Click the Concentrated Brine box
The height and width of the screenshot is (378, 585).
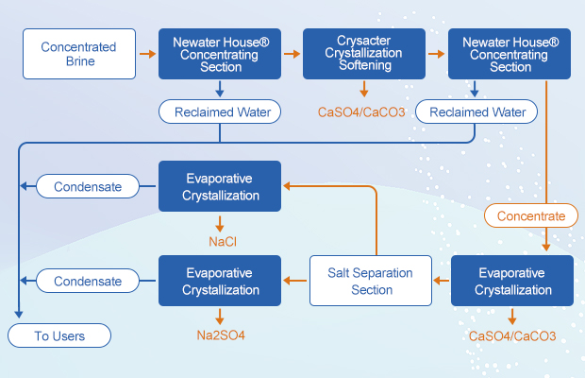coord(78,54)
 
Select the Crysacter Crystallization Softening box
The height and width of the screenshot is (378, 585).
coord(363,54)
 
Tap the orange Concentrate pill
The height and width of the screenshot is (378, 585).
coord(531,215)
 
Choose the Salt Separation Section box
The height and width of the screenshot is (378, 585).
coord(371,281)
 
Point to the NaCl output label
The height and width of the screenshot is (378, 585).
coord(223,242)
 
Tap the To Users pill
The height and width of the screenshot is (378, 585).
coord(60,335)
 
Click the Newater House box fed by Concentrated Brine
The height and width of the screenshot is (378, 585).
coord(219,54)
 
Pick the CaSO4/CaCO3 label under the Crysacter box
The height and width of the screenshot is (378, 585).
coord(363,112)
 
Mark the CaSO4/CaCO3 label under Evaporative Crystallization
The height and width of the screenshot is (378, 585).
coord(512,335)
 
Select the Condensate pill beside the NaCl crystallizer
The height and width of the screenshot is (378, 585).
coord(87,186)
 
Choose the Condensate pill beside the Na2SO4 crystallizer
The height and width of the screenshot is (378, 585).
coord(87,281)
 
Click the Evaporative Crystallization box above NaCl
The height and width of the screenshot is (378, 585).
coord(219,186)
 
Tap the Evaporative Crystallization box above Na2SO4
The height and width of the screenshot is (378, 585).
coord(219,281)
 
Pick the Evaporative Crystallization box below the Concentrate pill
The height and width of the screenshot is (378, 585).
coord(512,281)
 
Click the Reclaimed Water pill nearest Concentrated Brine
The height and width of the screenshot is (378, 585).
coord(221,112)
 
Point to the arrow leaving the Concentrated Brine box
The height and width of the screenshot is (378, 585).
coord(146,54)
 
